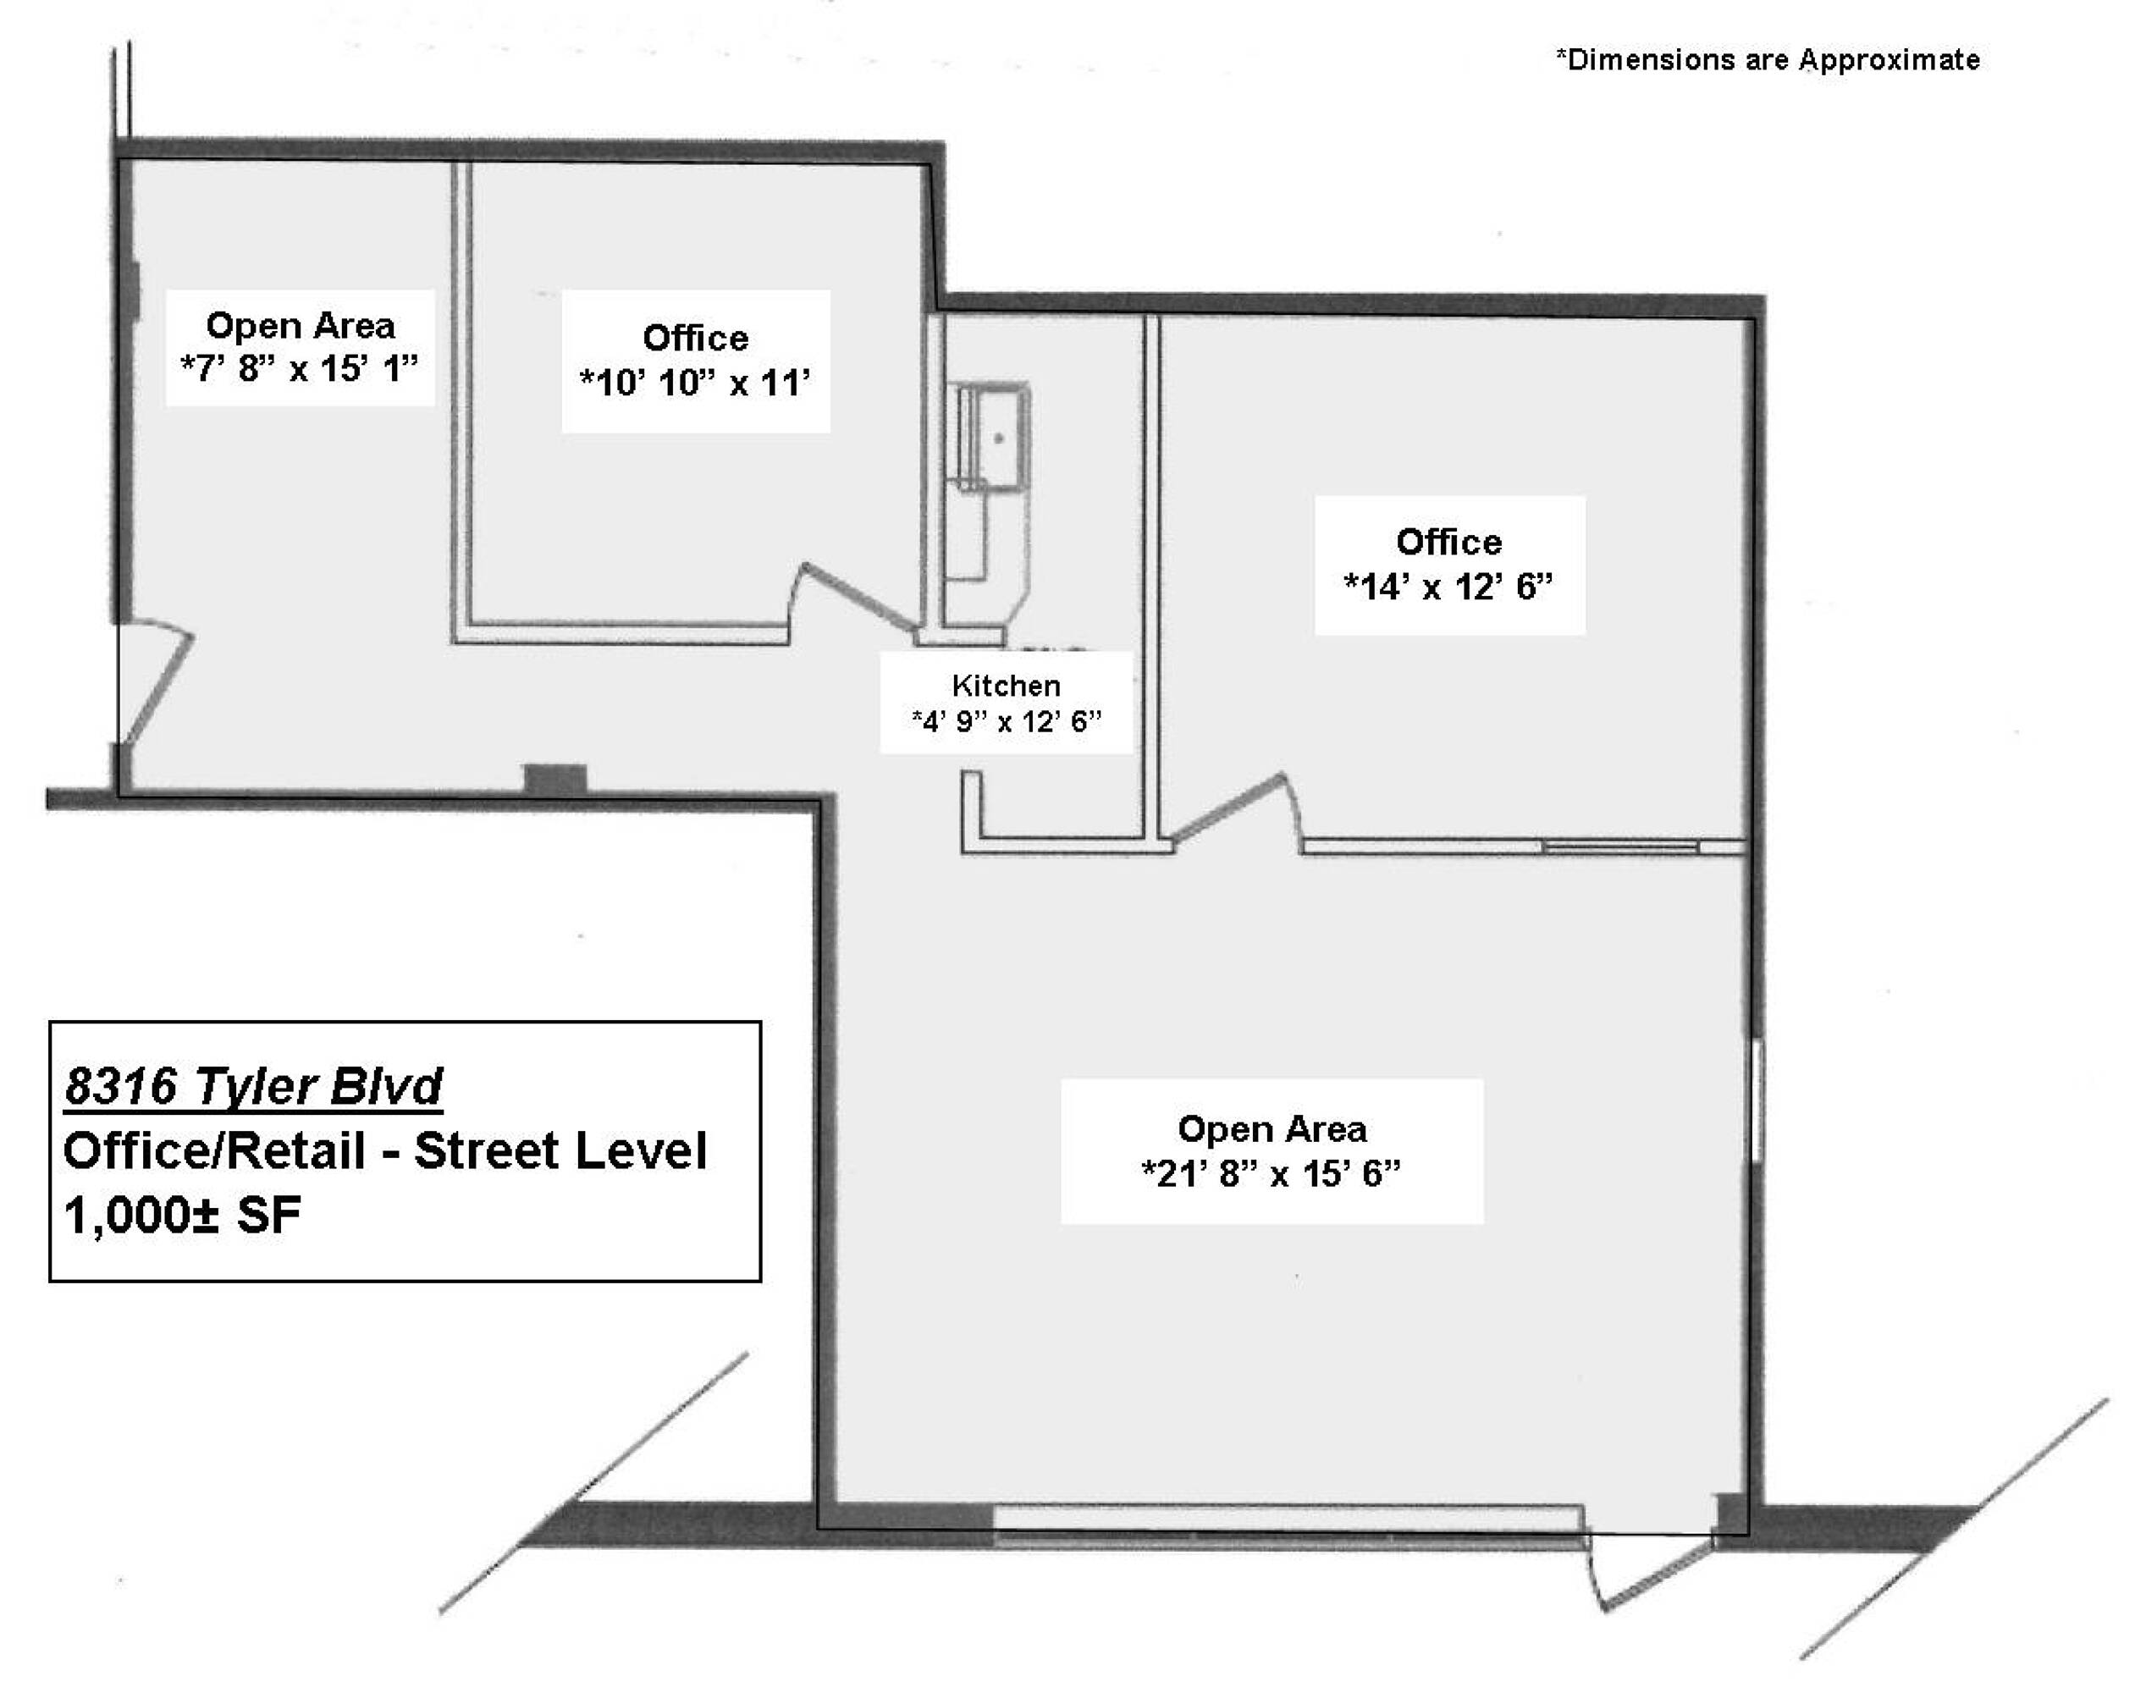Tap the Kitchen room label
coord(1005,685)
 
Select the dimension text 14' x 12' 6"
coord(1448,587)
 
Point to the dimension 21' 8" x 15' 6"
coord(1272,1173)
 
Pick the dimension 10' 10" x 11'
coord(695,382)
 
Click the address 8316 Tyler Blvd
coord(253,1086)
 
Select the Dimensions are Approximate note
coord(1768,59)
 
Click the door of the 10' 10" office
coord(858,597)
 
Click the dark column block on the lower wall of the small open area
coord(555,779)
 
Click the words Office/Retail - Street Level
coord(384,1150)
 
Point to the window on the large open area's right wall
coord(1756,1100)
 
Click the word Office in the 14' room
coord(1448,543)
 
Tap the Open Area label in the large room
coord(1272,1129)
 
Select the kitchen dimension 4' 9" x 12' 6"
coord(1006,720)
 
